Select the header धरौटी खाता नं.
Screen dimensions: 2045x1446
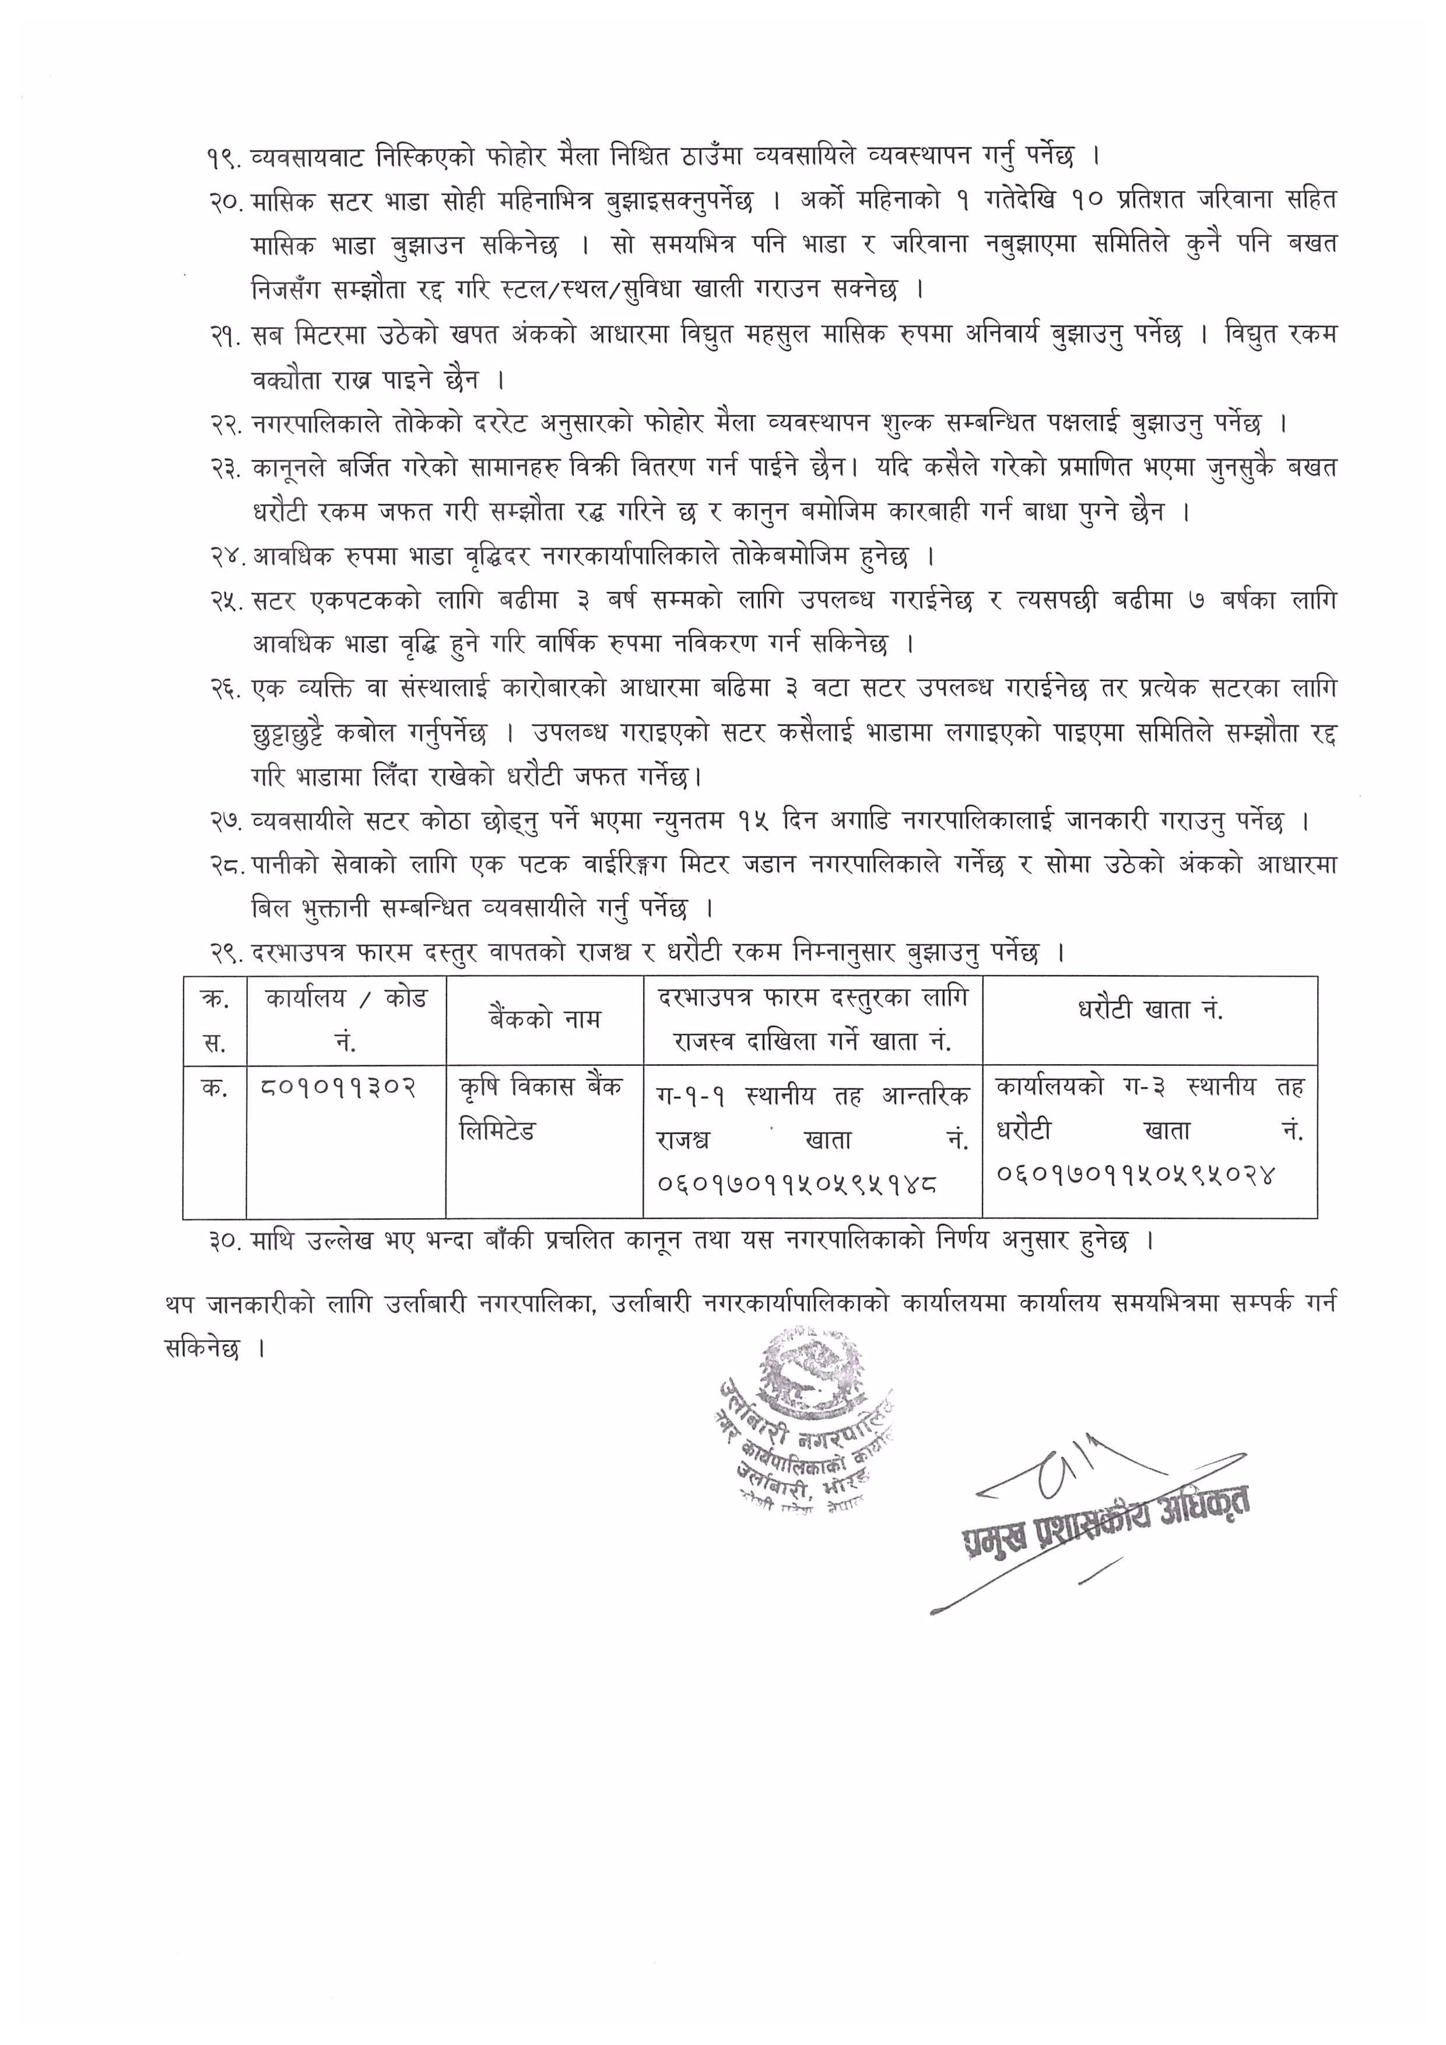tap(1149, 1009)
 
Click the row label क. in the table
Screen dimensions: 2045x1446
tap(214, 1088)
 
